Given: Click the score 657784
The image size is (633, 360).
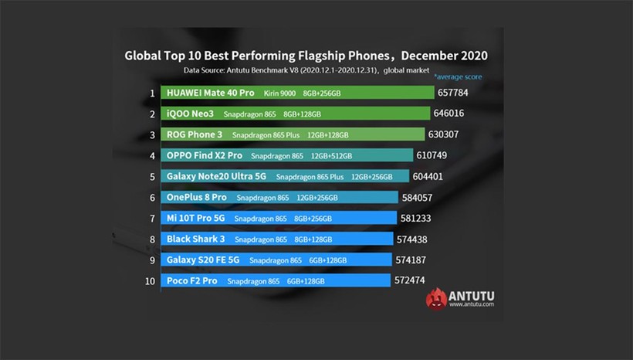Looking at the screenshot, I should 455,93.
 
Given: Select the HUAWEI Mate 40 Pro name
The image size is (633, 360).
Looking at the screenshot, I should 211,93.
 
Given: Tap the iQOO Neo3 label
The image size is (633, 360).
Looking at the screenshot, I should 190,114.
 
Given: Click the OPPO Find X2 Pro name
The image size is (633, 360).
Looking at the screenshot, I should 204,155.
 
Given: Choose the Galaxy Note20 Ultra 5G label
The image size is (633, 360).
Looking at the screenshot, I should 217,176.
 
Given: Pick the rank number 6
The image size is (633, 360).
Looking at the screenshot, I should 153,197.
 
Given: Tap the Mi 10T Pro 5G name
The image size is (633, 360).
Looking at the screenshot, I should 196,219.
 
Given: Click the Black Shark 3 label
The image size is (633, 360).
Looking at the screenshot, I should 195,239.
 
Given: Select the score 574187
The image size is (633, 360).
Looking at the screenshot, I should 411,260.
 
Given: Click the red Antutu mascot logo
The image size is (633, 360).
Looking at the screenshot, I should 436,299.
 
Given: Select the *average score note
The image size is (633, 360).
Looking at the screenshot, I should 457,77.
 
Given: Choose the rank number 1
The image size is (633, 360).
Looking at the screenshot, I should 153,93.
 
